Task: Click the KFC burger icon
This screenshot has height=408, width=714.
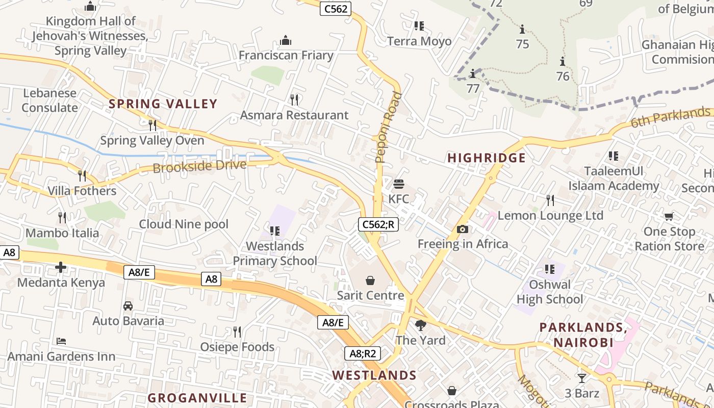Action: tap(399, 184)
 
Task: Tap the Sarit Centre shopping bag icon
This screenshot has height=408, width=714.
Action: tap(370, 280)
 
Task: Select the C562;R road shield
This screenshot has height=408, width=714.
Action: tap(378, 224)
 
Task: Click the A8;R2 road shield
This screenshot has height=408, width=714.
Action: tap(362, 353)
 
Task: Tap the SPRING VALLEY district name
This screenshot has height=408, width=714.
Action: tap(163, 104)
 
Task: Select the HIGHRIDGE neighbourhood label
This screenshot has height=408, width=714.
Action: tap(486, 158)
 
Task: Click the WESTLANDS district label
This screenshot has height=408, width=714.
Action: tap(374, 375)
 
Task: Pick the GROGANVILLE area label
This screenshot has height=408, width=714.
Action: tap(197, 398)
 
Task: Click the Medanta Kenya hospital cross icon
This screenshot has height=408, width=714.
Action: tap(61, 267)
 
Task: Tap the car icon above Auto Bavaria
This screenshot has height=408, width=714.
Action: tap(128, 306)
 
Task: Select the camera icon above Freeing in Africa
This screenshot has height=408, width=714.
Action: tap(463, 229)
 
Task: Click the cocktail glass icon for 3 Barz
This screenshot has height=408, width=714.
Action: tap(581, 378)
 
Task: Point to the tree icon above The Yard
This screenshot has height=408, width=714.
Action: tap(420, 325)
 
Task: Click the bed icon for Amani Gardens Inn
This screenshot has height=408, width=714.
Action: tap(61, 341)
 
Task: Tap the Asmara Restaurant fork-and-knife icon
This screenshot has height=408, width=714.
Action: tap(294, 99)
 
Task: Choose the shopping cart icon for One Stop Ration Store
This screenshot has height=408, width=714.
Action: tap(669, 217)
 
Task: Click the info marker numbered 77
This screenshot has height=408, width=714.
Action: tap(473, 73)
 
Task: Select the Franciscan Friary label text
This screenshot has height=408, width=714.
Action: tap(286, 55)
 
